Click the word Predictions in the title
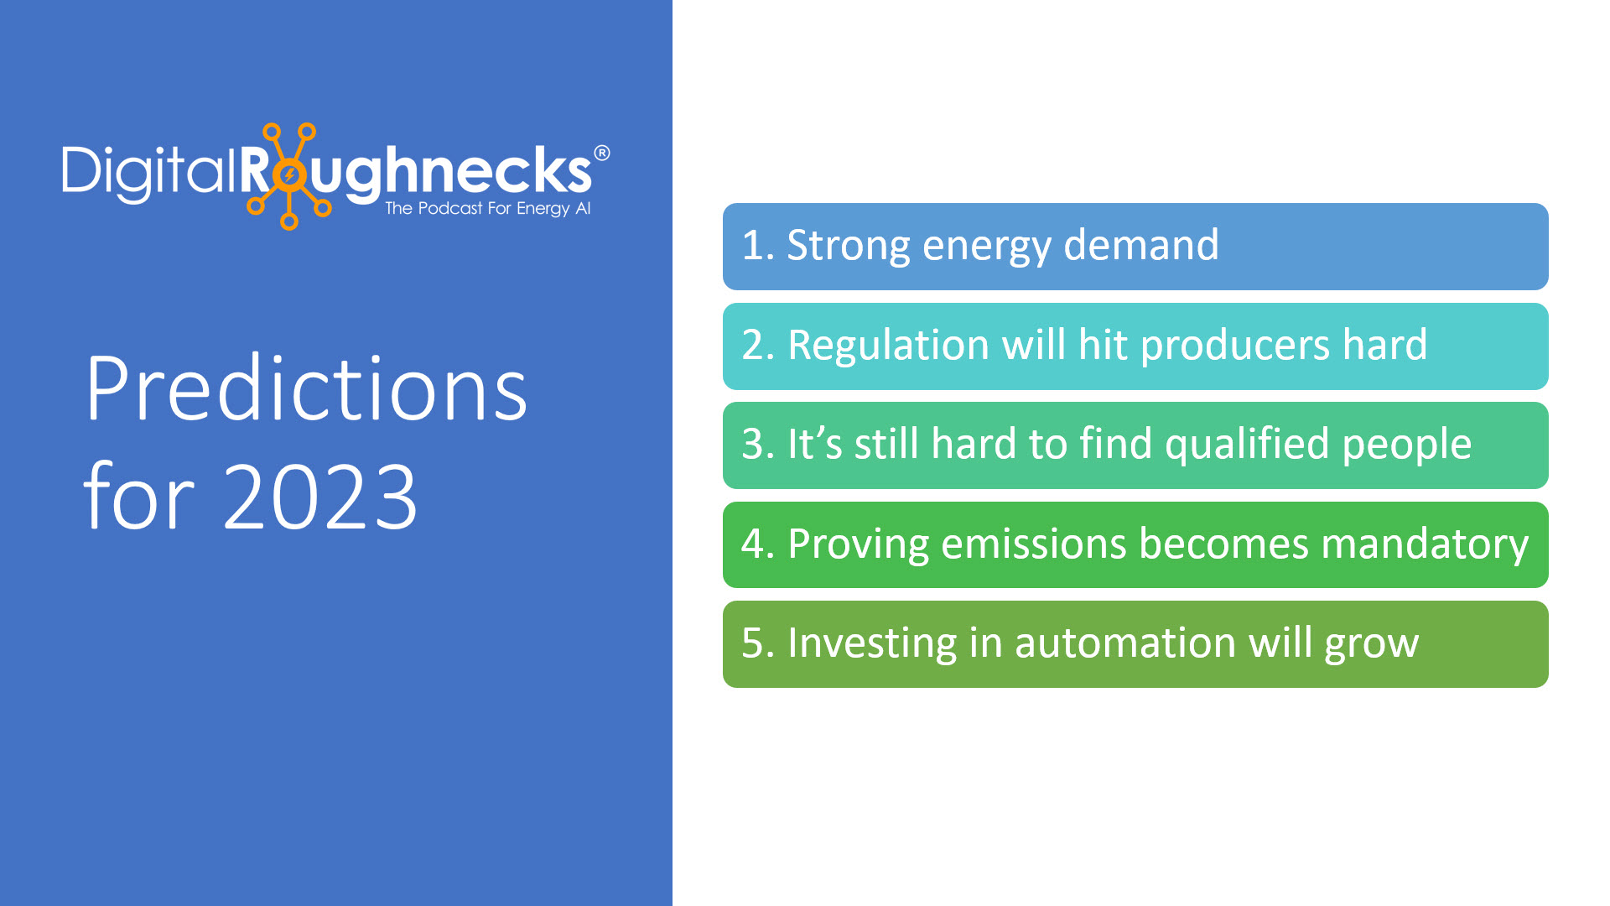pos(306,388)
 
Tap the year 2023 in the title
pos(320,497)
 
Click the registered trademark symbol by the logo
pos(601,153)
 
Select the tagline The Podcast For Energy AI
pos(488,208)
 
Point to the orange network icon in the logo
pos(288,175)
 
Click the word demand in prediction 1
pos(1141,245)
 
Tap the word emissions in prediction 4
pos(1034,544)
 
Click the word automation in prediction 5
pos(1125,643)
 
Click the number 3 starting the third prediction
pos(752,445)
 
